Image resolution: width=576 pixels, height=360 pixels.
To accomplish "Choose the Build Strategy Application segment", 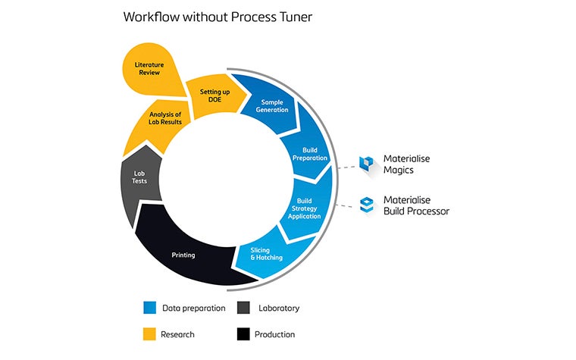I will click(x=304, y=209).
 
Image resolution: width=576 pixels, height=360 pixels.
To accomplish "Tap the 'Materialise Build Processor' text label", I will click(x=416, y=205).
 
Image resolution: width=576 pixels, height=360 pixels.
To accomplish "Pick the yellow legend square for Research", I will click(x=149, y=333).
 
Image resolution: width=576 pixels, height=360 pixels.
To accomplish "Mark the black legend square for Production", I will click(x=244, y=333).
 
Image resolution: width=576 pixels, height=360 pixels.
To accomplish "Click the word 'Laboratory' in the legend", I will click(x=277, y=308).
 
